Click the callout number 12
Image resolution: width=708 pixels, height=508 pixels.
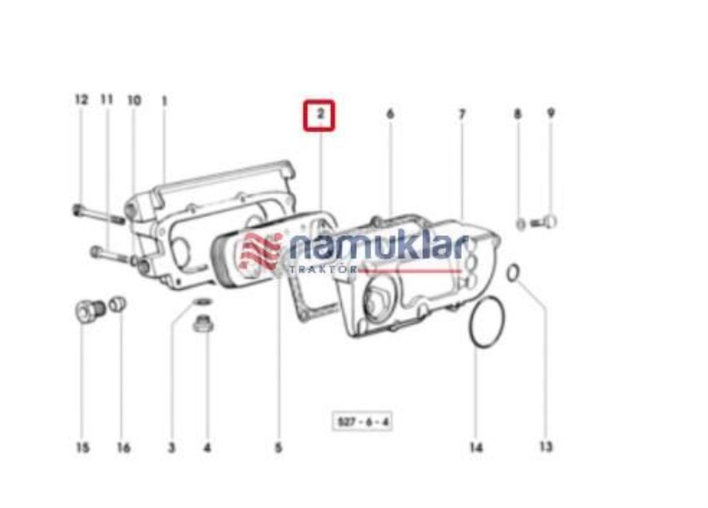point(81,99)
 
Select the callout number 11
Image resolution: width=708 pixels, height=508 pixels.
point(106,99)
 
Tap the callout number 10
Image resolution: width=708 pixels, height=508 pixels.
point(134,100)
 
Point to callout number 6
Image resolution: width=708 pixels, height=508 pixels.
point(390,114)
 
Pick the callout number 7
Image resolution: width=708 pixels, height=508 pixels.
point(462,114)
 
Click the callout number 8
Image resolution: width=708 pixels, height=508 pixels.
point(517,114)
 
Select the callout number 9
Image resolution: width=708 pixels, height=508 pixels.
point(551,113)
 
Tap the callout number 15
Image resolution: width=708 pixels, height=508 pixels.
point(83,447)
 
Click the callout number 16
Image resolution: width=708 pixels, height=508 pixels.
point(123,447)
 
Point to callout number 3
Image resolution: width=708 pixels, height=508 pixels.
point(171,447)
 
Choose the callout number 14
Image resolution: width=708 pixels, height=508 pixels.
point(476,447)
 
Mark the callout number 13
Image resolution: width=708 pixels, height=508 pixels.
point(546,446)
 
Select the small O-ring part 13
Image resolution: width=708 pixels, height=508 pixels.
point(513,272)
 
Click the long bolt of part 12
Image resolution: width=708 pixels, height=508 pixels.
point(97,214)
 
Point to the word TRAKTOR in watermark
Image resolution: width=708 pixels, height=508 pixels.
point(322,269)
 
